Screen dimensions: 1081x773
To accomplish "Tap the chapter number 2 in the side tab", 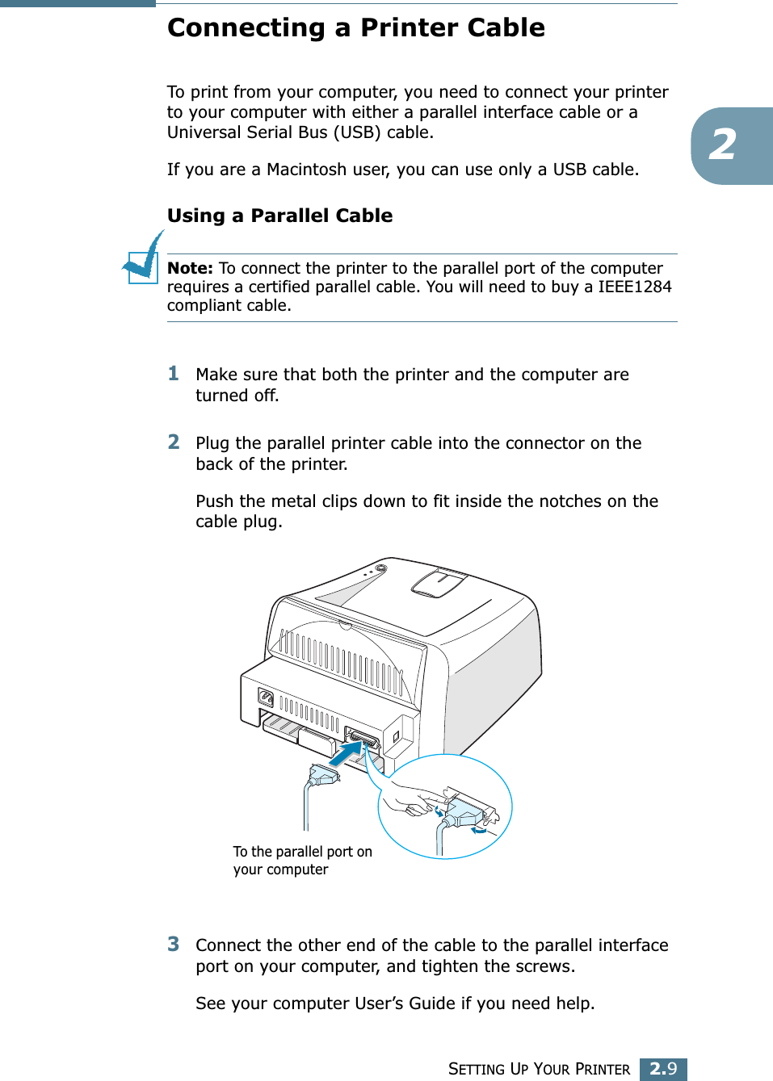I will click(723, 145).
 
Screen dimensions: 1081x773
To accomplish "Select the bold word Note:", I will click(190, 268).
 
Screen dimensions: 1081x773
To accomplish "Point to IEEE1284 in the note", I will click(634, 287).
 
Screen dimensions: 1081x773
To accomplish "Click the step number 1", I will click(173, 373).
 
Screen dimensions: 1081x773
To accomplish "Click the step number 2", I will click(173, 442).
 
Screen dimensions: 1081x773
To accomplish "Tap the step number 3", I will click(173, 944).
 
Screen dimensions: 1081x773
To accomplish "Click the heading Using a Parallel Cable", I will click(279, 216).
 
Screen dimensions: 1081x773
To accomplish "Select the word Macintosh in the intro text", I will click(317, 170).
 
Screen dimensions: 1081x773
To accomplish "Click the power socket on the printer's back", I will click(266, 698).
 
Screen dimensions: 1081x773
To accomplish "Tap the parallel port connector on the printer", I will click(363, 740).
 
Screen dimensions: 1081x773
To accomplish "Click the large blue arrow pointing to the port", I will click(347, 756).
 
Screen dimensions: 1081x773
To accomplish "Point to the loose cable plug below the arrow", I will click(324, 777).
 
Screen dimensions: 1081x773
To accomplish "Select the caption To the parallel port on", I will click(302, 852).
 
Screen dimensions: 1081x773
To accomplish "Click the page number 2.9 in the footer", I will click(663, 1069).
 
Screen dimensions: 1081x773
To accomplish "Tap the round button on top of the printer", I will click(380, 568).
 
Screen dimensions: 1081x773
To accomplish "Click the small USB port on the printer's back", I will click(397, 736).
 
